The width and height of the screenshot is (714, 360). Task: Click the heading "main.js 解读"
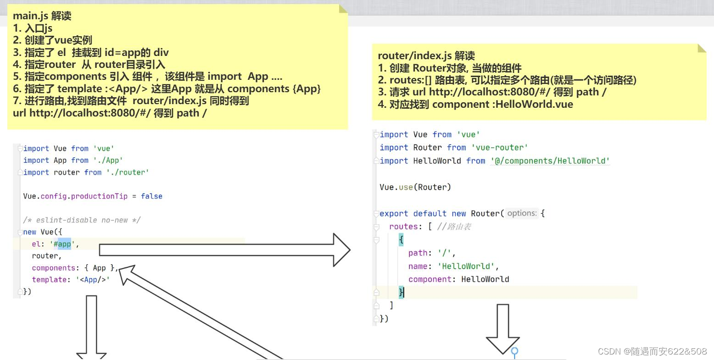pos(42,16)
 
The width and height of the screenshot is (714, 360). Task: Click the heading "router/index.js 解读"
pos(426,56)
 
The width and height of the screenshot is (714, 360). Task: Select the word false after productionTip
pos(151,196)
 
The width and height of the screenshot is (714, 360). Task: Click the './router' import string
pos(128,172)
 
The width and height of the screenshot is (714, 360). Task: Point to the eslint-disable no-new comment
pos(82,220)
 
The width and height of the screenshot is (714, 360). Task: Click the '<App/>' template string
pos(93,280)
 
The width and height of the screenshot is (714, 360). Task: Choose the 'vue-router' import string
pos(499,148)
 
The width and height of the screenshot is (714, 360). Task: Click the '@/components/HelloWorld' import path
pos(550,161)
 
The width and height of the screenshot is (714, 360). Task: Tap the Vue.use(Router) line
pos(415,187)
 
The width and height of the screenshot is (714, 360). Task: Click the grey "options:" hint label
pos(522,213)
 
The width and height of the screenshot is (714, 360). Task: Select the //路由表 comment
pos(454,227)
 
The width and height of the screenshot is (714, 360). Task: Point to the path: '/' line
pos(432,253)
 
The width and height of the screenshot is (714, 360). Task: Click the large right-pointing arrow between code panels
pos(225,250)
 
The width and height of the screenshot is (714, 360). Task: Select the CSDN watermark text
pos(652,351)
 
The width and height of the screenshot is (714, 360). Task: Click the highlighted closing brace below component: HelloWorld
pos(402,292)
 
